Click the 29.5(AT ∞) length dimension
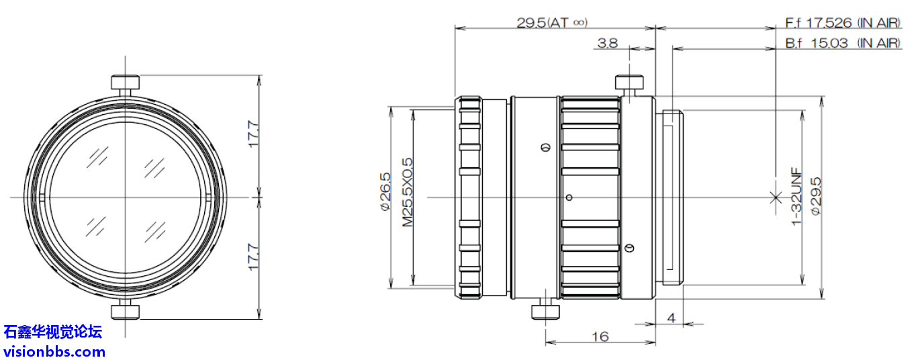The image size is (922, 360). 552,22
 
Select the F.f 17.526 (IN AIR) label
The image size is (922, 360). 843,23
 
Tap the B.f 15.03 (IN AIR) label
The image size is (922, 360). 843,43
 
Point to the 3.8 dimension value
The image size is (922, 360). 608,43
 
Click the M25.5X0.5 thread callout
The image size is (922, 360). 407,192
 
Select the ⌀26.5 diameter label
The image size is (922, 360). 385,192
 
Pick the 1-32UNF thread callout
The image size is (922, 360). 797,196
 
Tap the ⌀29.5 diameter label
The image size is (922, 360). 815,196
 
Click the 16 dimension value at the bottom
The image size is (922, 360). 600,337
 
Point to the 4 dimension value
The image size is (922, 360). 672,318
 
